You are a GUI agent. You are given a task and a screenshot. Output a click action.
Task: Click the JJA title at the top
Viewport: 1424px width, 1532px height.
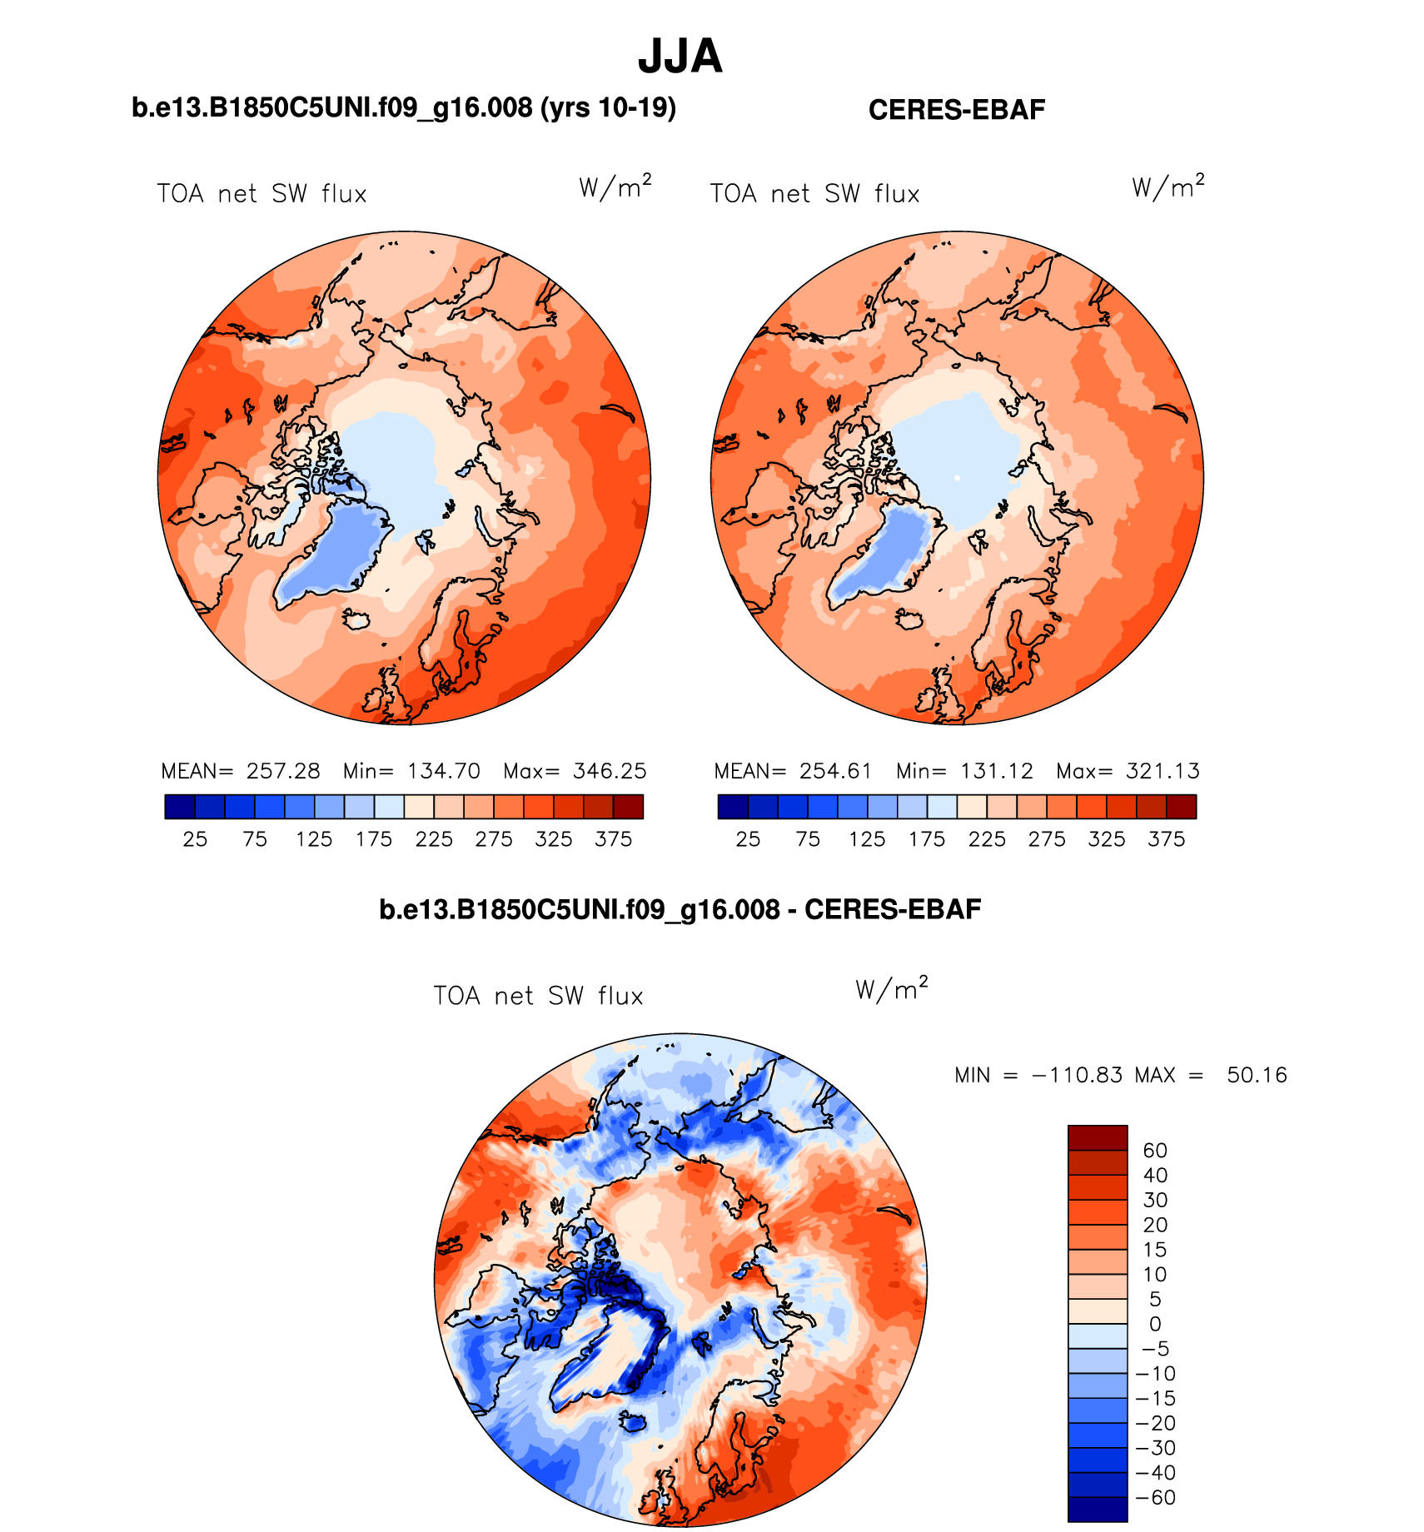pos(680,57)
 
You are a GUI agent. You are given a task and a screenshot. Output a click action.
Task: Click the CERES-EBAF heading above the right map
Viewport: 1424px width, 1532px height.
pos(956,110)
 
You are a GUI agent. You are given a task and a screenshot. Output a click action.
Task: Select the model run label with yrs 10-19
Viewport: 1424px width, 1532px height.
pos(404,108)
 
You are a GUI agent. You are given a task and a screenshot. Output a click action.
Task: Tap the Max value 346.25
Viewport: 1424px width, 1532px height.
pos(610,771)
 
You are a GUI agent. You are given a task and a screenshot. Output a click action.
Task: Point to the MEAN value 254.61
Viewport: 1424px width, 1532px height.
pos(835,771)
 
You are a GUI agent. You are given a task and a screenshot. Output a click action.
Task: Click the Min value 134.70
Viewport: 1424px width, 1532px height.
pos(444,771)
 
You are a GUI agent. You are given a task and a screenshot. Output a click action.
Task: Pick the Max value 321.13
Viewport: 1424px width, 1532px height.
pos(1163,771)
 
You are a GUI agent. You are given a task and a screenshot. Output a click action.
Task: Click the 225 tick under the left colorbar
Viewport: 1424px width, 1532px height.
pos(434,839)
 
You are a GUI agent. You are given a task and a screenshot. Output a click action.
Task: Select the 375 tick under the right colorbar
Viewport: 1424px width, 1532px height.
pos(1166,839)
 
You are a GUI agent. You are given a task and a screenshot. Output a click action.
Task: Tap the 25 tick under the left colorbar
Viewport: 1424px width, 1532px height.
pos(195,839)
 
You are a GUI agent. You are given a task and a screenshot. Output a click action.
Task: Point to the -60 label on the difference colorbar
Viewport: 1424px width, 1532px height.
pos(1157,1498)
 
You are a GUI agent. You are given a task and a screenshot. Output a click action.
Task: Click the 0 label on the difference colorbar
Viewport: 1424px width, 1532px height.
pos(1154,1324)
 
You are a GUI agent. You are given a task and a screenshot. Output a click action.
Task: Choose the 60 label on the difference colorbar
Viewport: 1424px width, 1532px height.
pos(1155,1151)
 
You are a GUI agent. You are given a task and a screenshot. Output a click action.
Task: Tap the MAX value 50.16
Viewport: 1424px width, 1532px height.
pos(1257,1075)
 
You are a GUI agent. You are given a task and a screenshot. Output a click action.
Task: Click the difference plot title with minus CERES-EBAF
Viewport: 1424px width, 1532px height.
pos(680,909)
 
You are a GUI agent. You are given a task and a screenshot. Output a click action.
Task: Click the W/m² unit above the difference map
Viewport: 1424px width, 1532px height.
pos(891,989)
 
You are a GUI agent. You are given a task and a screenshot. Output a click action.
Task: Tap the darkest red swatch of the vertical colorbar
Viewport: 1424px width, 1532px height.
pos(1098,1137)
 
